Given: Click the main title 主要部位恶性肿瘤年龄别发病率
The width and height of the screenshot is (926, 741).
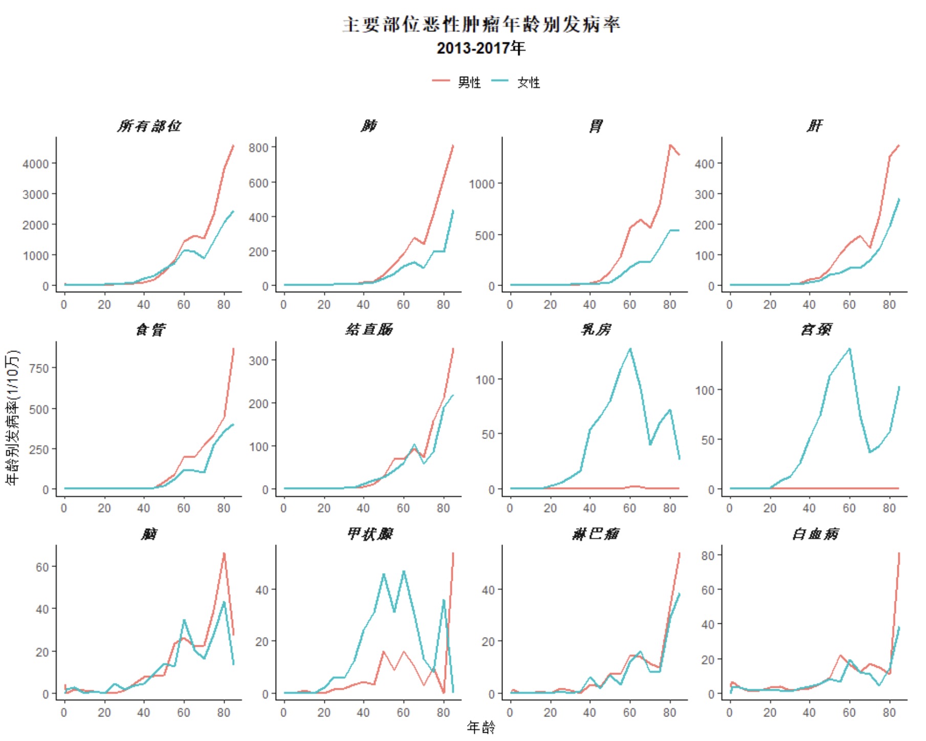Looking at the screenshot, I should (481, 25).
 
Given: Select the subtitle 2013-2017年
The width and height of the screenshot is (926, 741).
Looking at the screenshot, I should (481, 48).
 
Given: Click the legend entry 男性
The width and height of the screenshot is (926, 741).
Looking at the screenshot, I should (469, 82).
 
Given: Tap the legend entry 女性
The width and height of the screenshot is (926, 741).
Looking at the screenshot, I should (528, 82).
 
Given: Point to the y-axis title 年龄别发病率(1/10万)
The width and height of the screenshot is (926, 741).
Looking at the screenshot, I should (12, 417).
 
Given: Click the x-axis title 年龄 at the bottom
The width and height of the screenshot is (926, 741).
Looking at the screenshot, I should (481, 727).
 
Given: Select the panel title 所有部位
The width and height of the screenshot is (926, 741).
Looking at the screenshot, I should (149, 126).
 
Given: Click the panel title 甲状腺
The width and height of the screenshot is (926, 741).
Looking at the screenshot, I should (369, 534).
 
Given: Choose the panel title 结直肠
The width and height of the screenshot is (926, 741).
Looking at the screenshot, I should (369, 330).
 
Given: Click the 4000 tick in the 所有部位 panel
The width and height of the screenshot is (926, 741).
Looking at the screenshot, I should (36, 164).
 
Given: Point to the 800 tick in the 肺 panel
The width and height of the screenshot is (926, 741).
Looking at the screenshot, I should (258, 148).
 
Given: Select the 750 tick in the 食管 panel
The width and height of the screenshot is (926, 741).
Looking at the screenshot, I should (39, 368).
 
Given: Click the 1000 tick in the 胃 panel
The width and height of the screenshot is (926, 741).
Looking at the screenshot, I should (481, 184).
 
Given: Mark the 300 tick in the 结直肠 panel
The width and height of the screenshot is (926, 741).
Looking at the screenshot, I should (258, 360).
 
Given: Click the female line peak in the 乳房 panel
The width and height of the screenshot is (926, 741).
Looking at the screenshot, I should (630, 349).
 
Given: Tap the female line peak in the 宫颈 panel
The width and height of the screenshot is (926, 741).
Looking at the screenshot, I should (850, 349).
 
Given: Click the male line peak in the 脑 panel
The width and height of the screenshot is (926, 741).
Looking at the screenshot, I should (224, 554).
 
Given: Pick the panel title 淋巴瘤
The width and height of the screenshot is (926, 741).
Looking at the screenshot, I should (596, 534).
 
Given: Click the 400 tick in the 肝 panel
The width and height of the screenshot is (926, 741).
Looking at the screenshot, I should (704, 164).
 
